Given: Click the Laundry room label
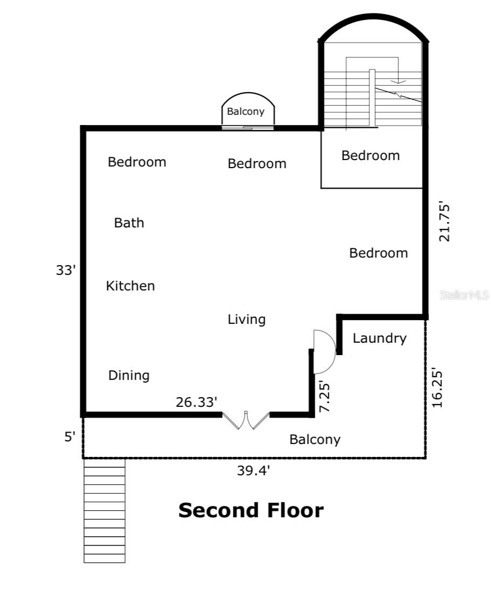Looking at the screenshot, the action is (x=379, y=338).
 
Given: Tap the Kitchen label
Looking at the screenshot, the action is (x=130, y=286).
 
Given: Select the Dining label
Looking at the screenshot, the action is (x=129, y=376).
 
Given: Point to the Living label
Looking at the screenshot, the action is (x=246, y=320).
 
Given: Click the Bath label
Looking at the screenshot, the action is (x=129, y=223).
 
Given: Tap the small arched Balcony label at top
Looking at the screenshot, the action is (x=246, y=112).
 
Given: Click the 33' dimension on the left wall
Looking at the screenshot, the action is (x=66, y=270).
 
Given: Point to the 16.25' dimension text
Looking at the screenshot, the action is (x=437, y=387).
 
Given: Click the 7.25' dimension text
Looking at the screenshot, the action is (x=324, y=397).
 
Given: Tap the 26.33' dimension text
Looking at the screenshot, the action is (x=196, y=402).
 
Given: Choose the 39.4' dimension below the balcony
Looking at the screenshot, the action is (x=253, y=470).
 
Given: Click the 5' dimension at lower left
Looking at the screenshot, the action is (x=70, y=437).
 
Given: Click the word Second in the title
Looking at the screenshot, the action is (x=219, y=511).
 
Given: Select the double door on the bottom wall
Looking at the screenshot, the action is (x=246, y=420).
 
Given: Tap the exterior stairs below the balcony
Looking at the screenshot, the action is (x=104, y=511).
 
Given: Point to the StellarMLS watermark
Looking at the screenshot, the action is (x=464, y=295).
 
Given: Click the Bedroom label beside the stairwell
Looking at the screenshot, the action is (x=371, y=155).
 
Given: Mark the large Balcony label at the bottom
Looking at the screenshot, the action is (x=315, y=440).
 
